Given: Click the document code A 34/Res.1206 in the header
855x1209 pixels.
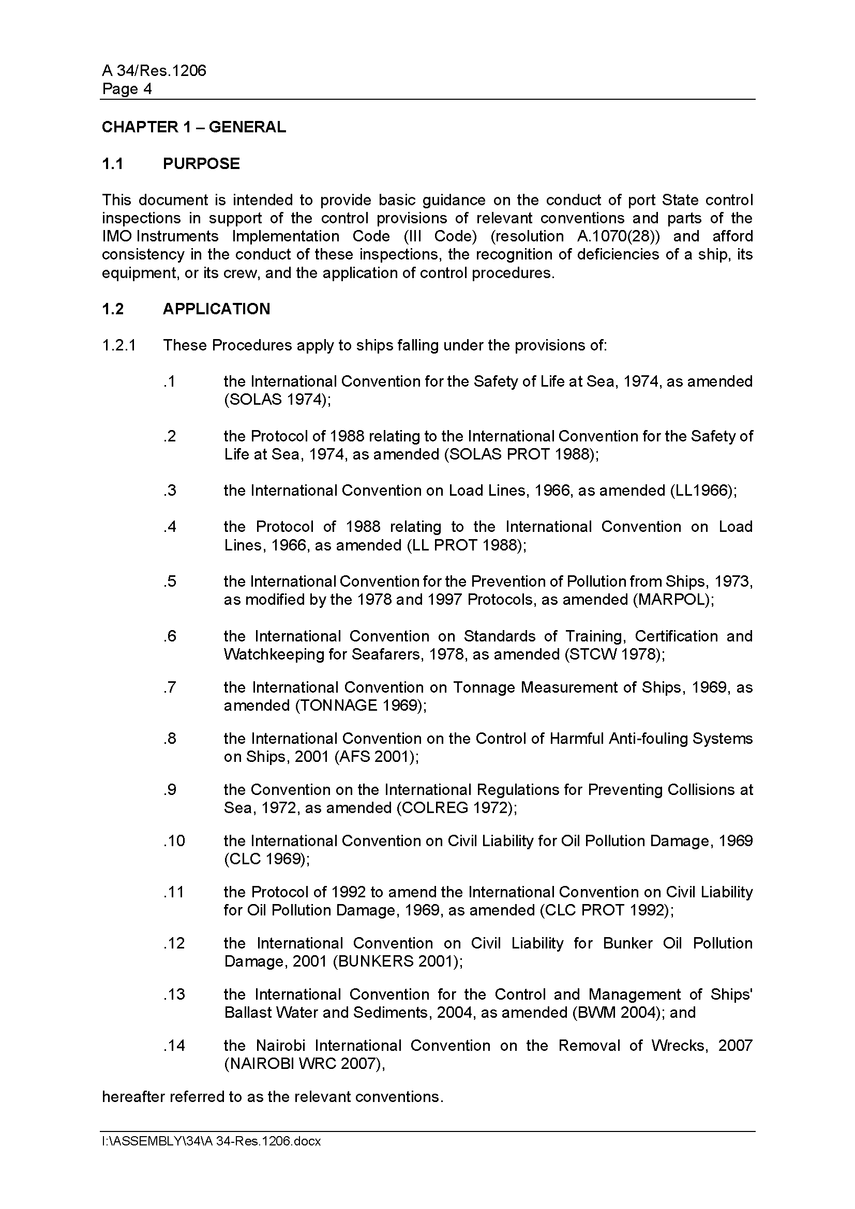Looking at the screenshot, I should pos(154,71).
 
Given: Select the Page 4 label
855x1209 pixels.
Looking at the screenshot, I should pos(126,89).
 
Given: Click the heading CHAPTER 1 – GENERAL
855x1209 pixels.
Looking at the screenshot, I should pos(193,127).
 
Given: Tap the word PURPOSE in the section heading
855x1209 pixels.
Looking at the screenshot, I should pos(201,164).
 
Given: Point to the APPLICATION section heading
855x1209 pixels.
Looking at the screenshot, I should pos(216,309).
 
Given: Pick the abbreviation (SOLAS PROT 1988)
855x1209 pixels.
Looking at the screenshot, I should pos(521,454).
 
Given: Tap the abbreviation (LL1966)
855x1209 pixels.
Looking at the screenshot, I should pos(703,491).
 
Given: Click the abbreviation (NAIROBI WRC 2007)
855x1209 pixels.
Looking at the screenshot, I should pos(305,1064).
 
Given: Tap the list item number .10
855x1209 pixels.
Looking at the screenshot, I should pos(174,841).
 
